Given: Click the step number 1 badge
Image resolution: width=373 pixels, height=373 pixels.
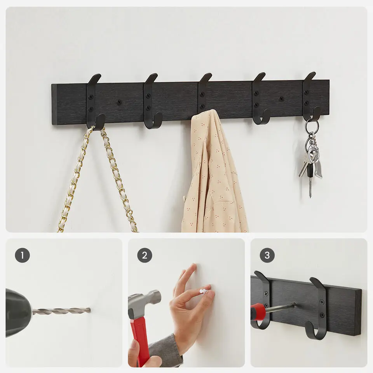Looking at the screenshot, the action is (x=23, y=255).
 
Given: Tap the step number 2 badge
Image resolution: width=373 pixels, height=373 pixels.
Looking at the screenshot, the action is (x=145, y=255).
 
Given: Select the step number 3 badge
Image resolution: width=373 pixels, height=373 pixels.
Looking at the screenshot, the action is (x=267, y=255).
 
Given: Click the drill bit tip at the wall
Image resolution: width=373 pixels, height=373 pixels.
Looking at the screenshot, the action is (x=90, y=310).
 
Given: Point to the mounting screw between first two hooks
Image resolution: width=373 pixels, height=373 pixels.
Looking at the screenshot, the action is (x=119, y=102).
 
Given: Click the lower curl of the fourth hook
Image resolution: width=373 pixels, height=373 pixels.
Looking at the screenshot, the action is (x=261, y=118).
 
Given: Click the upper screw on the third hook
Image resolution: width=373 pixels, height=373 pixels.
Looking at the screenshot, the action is (x=202, y=94).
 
